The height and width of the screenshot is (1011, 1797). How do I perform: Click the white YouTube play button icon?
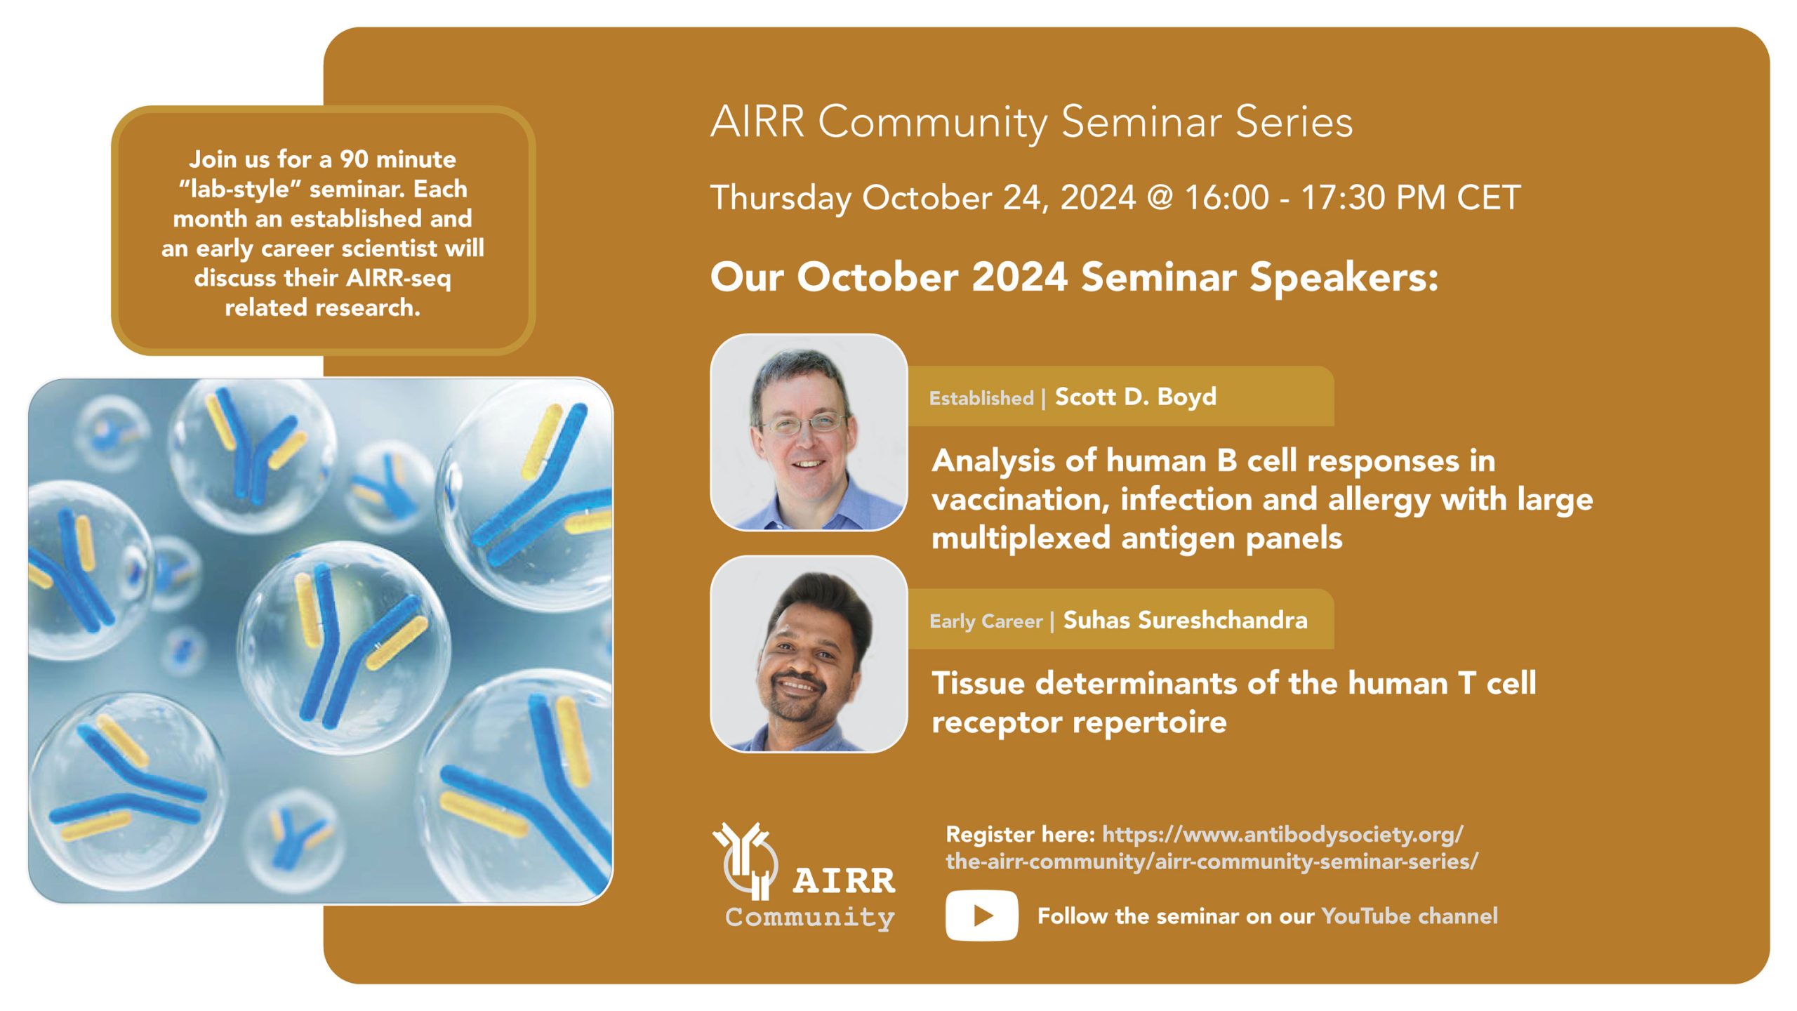981,915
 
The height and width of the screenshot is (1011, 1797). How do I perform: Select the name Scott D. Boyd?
1136,397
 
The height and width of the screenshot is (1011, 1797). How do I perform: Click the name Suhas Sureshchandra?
1186,620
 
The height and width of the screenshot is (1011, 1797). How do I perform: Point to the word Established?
981,398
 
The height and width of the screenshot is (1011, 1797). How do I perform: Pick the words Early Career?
986,621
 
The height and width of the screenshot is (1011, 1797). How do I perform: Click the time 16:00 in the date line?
1227,197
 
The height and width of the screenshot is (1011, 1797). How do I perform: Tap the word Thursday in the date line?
781,199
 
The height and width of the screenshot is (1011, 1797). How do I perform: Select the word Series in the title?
1294,122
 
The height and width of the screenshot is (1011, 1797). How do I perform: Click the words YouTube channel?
1410,916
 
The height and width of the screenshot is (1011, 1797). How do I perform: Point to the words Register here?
1021,834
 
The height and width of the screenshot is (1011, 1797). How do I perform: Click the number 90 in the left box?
354,159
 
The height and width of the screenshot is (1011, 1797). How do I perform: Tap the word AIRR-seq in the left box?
399,279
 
